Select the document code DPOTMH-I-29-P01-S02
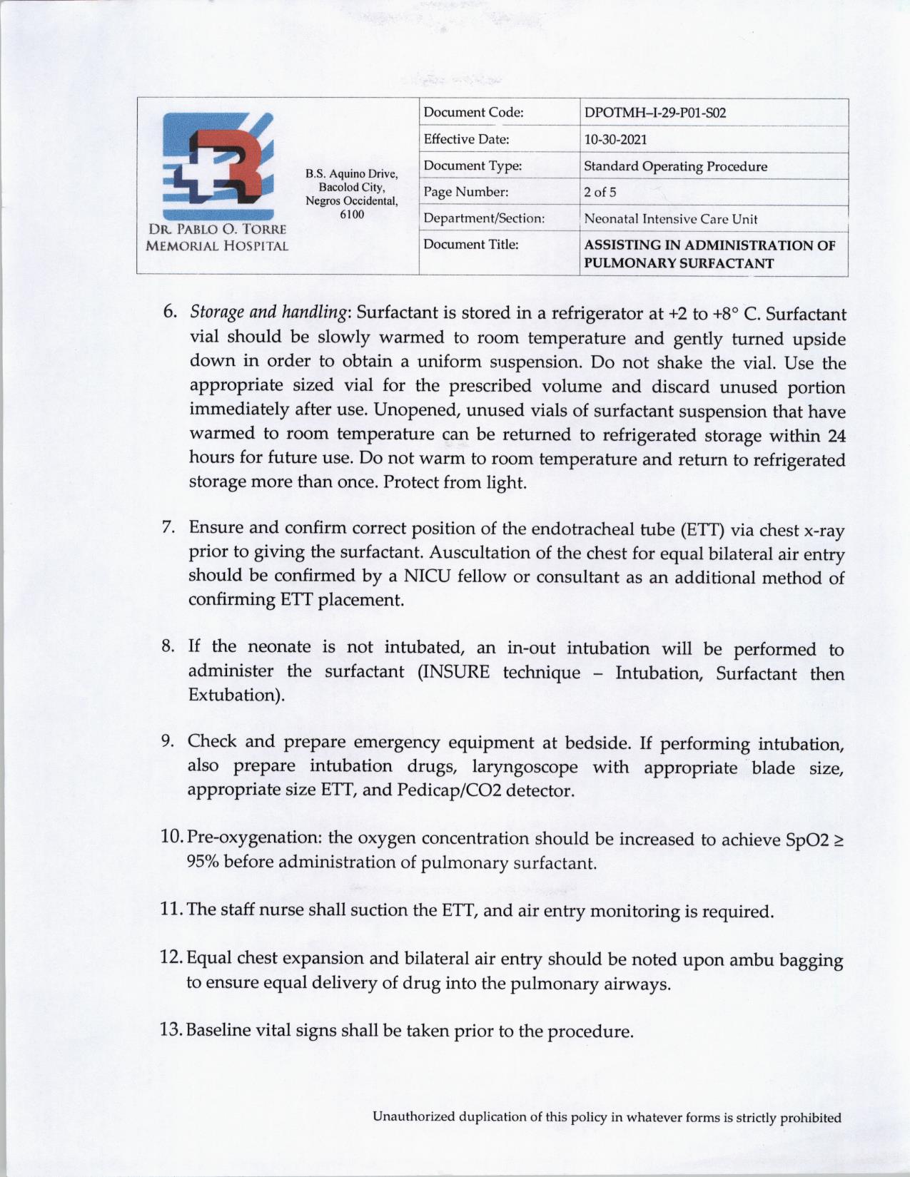pyautogui.click(x=654, y=113)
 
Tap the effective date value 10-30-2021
pyautogui.click(x=615, y=139)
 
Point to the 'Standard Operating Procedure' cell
pyautogui.click(x=675, y=166)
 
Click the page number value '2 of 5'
pyautogui.click(x=600, y=193)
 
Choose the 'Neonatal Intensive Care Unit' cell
pyautogui.click(x=670, y=219)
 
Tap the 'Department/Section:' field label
pyautogui.click(x=484, y=218)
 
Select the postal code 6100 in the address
pyautogui.click(x=352, y=214)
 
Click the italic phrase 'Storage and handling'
pyautogui.click(x=268, y=312)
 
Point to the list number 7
pyautogui.click(x=168, y=527)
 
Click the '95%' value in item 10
pyautogui.click(x=202, y=862)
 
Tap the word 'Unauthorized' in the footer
pyautogui.click(x=413, y=1117)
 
